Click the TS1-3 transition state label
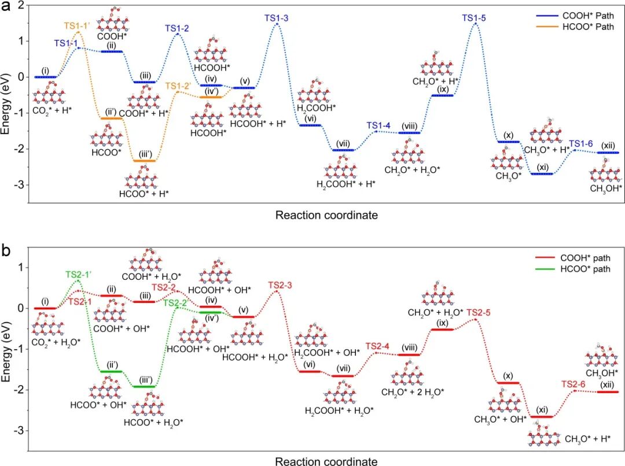point(277,18)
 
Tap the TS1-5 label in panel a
point(473,18)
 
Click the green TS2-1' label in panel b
point(79,274)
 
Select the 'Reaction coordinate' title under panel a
point(326,216)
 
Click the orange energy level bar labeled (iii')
point(144,161)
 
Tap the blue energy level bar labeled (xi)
point(542,173)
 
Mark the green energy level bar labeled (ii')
point(111,371)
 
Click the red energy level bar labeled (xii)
point(607,392)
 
